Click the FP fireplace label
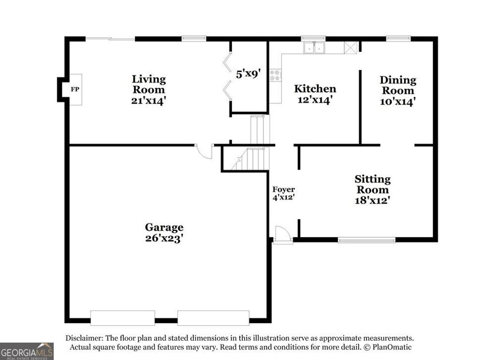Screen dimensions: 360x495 point(75,90)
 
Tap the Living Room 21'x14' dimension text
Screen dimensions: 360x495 point(148,101)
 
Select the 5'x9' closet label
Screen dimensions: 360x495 point(248,74)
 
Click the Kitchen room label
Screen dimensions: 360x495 point(315,89)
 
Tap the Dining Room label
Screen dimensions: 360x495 point(398,85)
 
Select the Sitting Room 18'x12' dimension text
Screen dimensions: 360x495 point(372,200)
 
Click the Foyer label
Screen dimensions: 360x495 point(283,189)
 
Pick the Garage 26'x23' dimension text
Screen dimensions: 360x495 point(164,238)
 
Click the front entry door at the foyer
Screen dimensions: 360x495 point(282,235)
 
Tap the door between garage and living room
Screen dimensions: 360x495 point(205,151)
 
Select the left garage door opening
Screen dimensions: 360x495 point(122,318)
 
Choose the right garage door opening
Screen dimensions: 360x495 point(213,318)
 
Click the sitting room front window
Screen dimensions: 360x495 point(366,240)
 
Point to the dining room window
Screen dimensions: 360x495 point(398,38)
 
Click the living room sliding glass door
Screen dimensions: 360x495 point(110,39)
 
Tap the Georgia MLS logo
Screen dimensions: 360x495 point(27,351)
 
